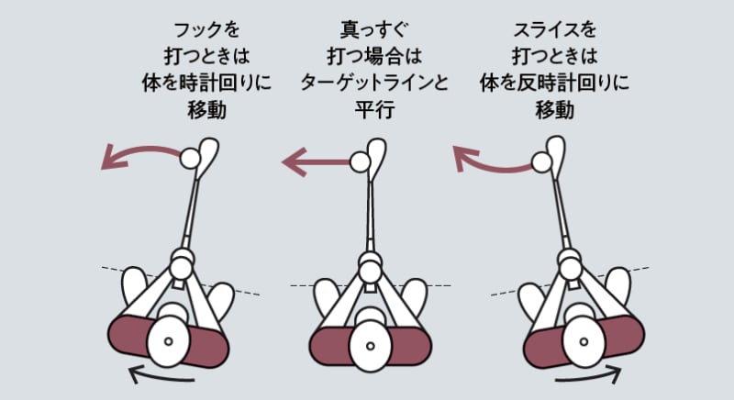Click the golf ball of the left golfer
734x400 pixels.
pos(190,160)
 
